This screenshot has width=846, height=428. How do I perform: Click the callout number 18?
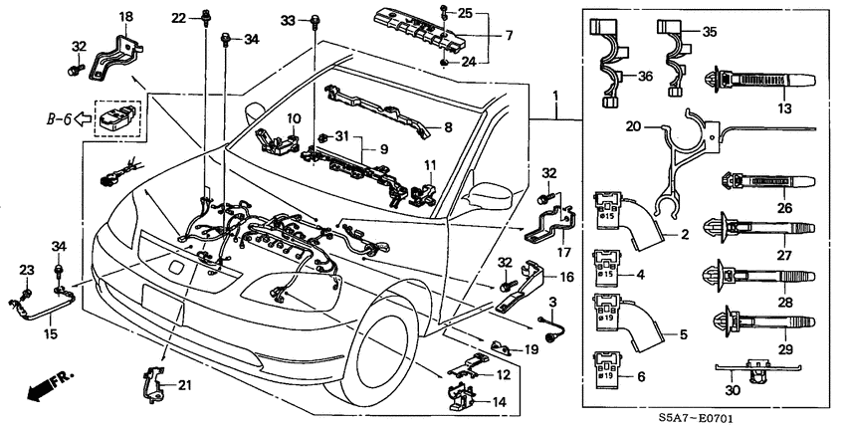coord(125,17)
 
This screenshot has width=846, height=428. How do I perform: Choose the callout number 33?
coord(288,19)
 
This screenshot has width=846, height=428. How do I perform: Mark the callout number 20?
coord(632,126)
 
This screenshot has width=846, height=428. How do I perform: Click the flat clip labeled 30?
coord(756,375)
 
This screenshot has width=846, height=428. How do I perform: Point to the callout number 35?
coord(710,32)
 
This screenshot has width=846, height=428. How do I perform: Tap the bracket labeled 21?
coord(158,381)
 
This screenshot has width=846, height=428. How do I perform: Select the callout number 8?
coord(448,126)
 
